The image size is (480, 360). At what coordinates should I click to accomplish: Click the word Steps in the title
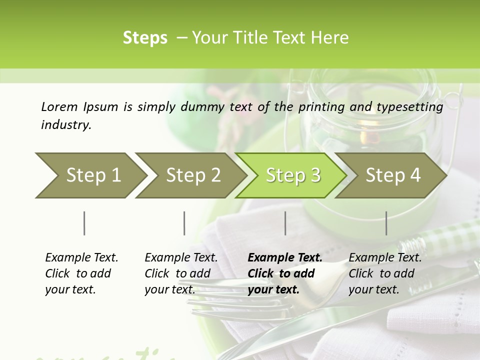[x=145, y=38]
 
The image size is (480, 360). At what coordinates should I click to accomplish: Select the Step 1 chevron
[x=90, y=175]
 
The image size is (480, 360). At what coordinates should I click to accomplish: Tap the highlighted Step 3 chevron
[x=291, y=175]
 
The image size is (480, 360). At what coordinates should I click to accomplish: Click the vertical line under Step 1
[x=84, y=223]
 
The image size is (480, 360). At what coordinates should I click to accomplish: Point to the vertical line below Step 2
[x=184, y=223]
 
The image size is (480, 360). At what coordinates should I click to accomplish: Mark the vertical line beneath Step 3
[x=285, y=223]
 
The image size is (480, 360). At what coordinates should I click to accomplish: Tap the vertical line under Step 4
[x=386, y=223]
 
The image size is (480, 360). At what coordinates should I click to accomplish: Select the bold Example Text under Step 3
[x=284, y=273]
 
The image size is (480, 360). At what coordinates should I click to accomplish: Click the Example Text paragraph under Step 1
[x=81, y=273]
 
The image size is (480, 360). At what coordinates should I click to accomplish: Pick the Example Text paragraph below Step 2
[x=181, y=273]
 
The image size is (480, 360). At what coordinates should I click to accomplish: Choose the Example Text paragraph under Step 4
[x=385, y=273]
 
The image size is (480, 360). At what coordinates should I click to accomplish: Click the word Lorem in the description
[x=59, y=106]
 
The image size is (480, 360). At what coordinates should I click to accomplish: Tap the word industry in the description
[x=66, y=125]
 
